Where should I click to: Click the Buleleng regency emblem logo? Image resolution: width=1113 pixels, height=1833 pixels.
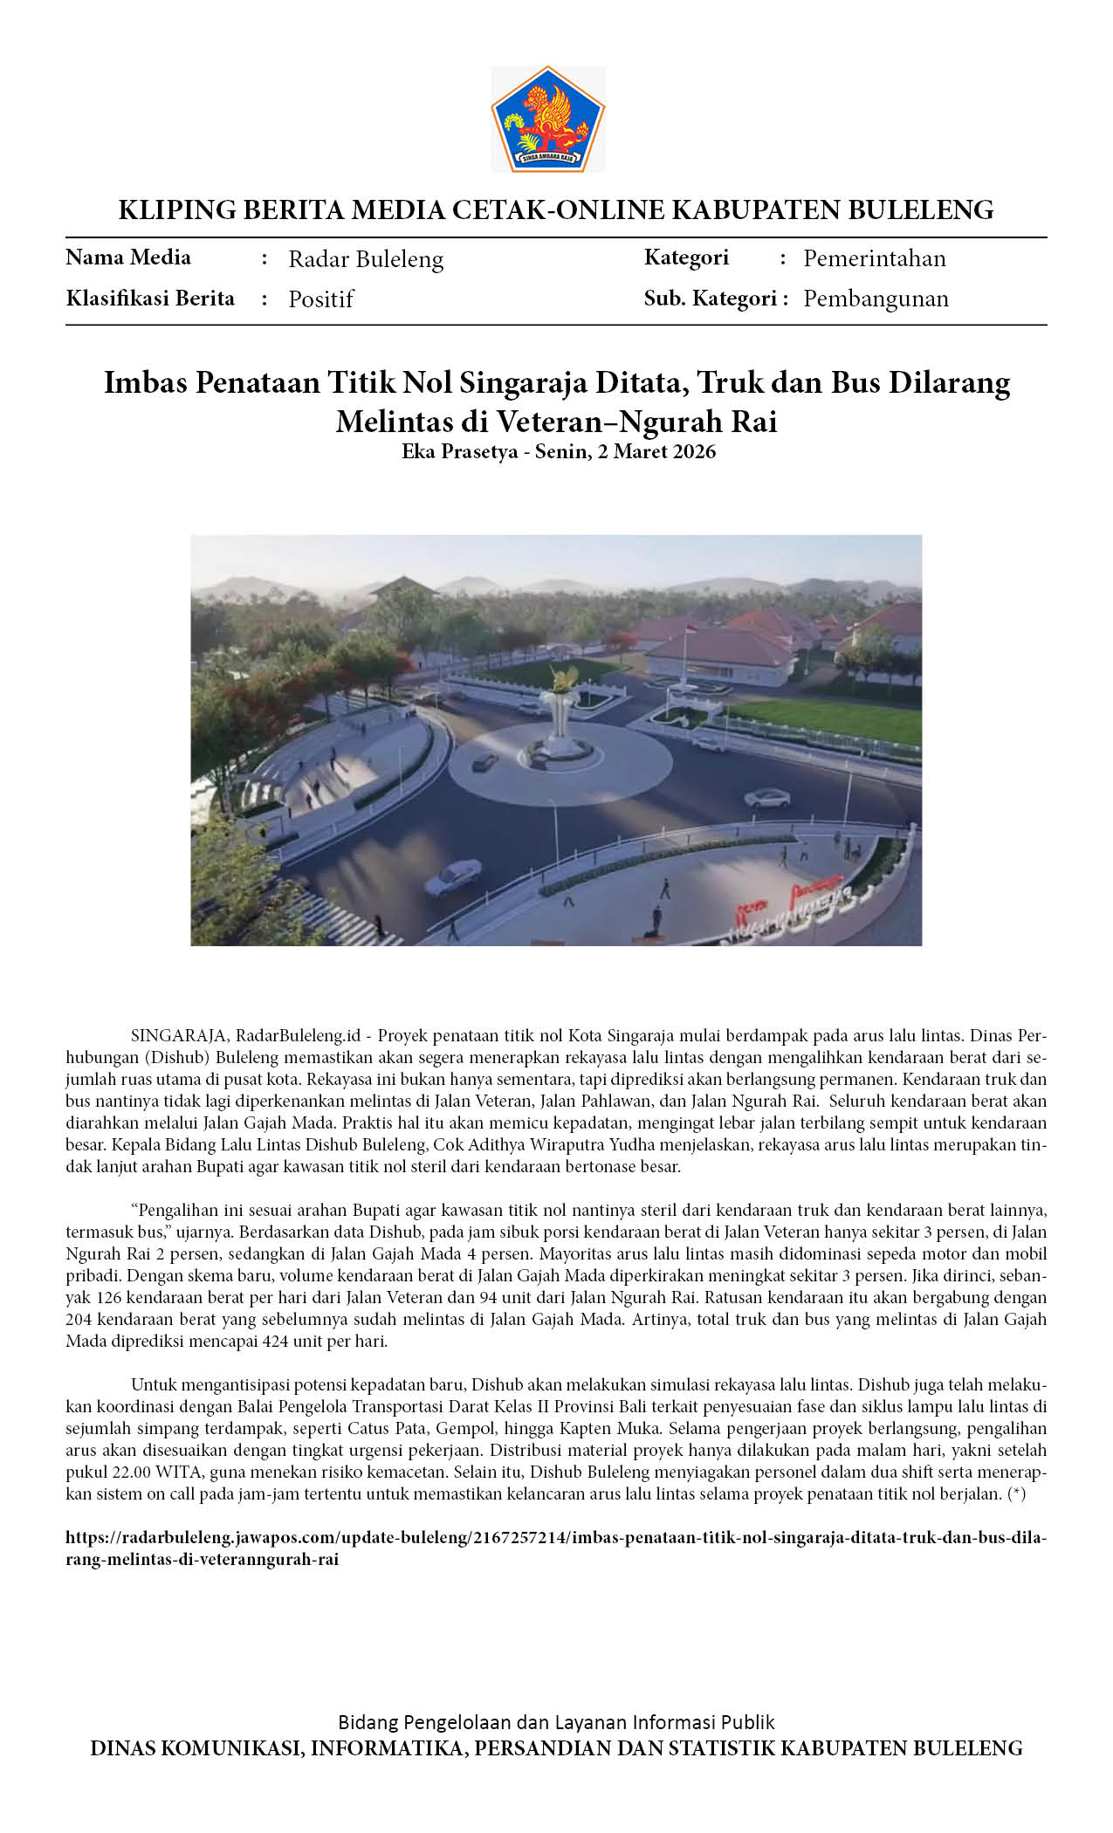point(548,119)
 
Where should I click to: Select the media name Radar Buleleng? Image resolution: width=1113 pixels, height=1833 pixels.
point(366,259)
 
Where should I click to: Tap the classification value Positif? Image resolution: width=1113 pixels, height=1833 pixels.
point(320,299)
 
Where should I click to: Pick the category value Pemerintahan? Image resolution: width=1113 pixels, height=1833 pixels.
point(874,258)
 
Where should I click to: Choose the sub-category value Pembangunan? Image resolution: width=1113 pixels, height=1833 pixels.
point(876,299)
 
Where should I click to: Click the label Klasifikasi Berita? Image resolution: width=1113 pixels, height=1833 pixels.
point(150,299)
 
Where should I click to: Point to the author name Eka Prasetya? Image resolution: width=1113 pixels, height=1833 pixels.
point(459,451)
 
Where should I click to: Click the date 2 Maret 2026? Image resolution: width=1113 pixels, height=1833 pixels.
point(656,451)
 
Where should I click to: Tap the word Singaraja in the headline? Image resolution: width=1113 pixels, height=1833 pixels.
point(517,382)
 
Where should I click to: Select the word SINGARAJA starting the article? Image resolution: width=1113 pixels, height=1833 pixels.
point(179,1036)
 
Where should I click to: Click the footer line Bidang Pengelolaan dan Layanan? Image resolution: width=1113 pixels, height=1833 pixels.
point(556,1721)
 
